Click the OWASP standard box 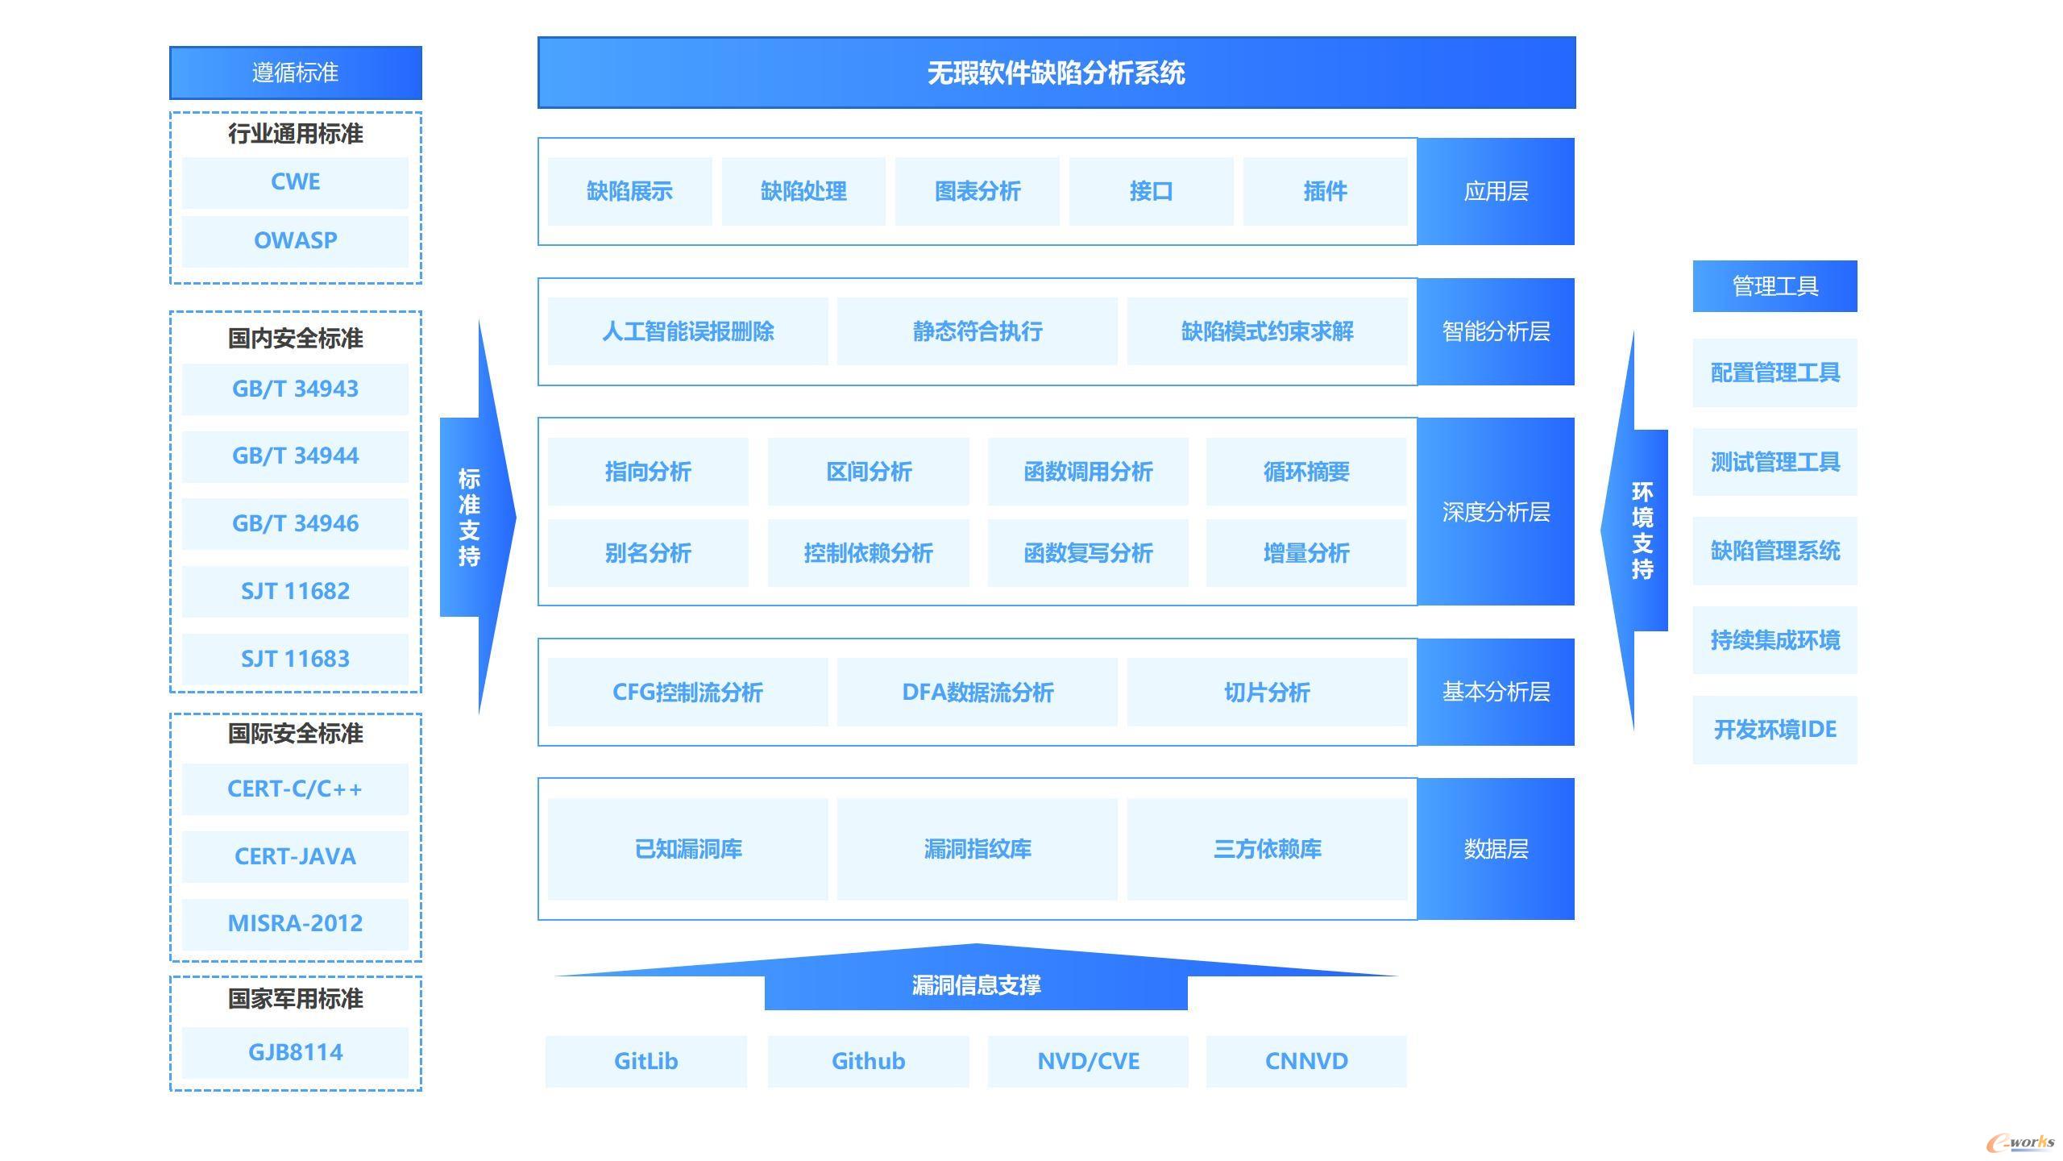[295, 240]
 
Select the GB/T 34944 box [295, 456]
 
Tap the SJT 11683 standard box [295, 660]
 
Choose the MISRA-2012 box [295, 924]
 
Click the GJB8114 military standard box [295, 1053]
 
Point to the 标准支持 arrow [478, 517]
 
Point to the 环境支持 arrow [1634, 531]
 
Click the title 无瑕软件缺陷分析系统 [1056, 73]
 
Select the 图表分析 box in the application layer [978, 192]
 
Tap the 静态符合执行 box [978, 331]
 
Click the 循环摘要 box [1306, 472]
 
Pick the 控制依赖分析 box [868, 553]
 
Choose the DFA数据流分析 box [978, 693]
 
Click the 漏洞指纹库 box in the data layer [978, 849]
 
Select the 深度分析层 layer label [1496, 512]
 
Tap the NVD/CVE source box [1088, 1062]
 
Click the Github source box [868, 1062]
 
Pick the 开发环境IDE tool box [1775, 730]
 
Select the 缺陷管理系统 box [1775, 551]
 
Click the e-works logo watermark [2021, 1142]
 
